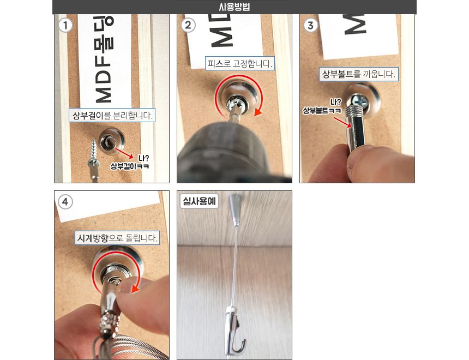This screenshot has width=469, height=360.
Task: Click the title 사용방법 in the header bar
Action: (x=234, y=7)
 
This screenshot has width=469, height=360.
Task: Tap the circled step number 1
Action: (x=65, y=25)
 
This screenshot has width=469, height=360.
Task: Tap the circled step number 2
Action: (x=188, y=25)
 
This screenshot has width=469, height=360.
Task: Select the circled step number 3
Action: (x=310, y=25)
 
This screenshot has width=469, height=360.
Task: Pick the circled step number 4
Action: (x=65, y=202)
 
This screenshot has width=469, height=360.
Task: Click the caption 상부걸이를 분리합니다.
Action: (x=112, y=115)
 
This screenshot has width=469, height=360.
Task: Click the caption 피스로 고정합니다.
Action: (x=240, y=63)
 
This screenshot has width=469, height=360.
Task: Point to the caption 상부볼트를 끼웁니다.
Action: (x=359, y=74)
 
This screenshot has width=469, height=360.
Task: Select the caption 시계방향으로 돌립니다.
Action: (x=117, y=238)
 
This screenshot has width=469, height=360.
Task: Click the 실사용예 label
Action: (x=199, y=201)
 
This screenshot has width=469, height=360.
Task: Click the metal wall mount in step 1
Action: (x=111, y=141)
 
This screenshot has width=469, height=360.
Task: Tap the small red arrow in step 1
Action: (x=124, y=153)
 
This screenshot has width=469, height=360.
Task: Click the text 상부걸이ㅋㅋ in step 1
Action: (x=129, y=166)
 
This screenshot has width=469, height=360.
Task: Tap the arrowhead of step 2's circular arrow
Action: (x=258, y=112)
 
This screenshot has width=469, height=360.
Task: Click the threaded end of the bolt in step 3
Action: (x=354, y=111)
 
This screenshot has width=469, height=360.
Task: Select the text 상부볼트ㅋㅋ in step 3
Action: (x=322, y=110)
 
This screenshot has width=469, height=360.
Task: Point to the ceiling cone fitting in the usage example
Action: (x=235, y=209)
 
